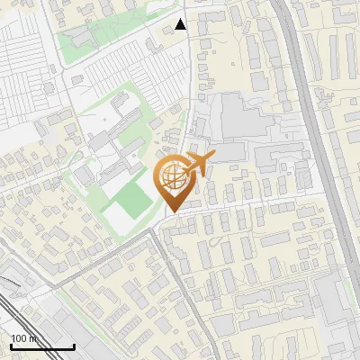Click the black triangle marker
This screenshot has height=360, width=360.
[x=181, y=24]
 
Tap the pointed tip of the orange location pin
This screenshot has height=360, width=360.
[x=172, y=211]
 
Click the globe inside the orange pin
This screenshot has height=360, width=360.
[x=172, y=179]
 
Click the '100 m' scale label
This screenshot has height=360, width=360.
[x=24, y=338]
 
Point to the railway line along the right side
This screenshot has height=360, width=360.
[x=315, y=135]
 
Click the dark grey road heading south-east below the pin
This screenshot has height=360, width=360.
[x=184, y=279]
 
